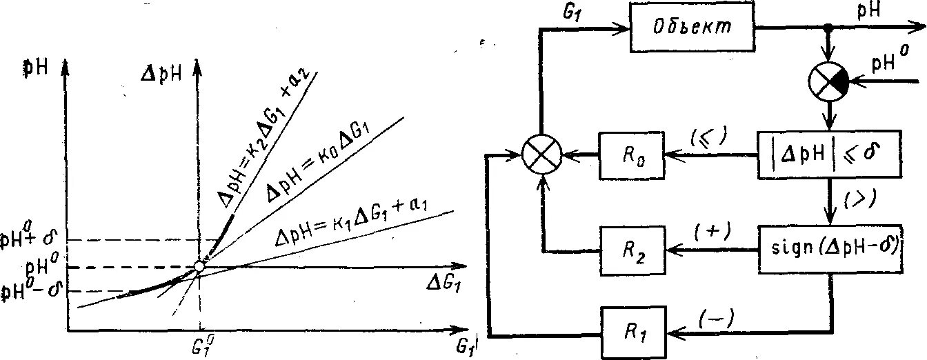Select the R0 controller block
point(634,156)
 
